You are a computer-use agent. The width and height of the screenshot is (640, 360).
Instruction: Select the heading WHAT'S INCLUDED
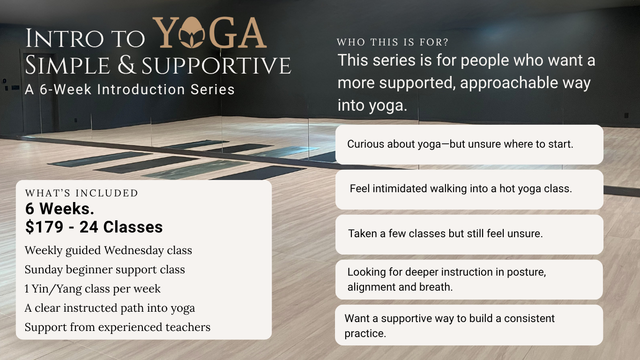pyautogui.click(x=82, y=193)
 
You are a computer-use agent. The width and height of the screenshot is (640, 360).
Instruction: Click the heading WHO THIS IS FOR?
pyautogui.click(x=393, y=42)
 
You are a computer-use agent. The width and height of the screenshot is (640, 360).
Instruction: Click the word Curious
pyautogui.click(x=365, y=144)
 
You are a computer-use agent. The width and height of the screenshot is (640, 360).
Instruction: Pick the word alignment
pyautogui.click(x=371, y=287)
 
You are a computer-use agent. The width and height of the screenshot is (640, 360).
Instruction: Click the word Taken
pyautogui.click(x=361, y=233)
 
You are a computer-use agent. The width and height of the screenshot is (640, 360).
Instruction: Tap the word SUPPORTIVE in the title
pyautogui.click(x=216, y=66)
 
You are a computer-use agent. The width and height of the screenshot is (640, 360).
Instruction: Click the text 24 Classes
pyautogui.click(x=121, y=227)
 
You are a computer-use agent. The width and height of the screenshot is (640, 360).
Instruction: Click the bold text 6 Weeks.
pyautogui.click(x=60, y=209)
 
